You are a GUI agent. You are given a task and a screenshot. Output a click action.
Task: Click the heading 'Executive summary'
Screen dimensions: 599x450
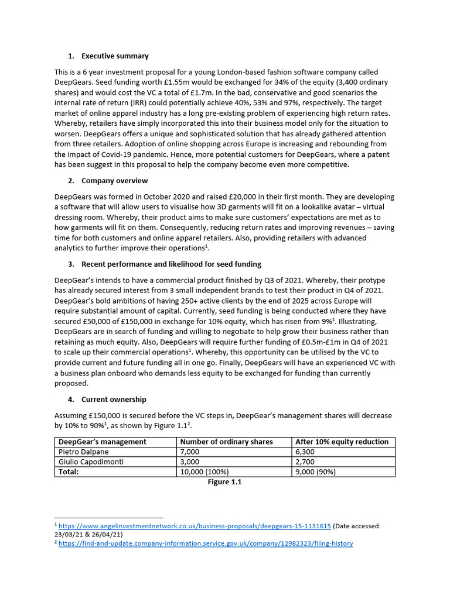[115, 56]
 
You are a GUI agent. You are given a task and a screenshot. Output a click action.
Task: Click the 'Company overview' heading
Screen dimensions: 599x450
[114, 180]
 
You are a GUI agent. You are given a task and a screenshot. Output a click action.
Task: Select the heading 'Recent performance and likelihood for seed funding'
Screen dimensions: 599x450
[171, 264]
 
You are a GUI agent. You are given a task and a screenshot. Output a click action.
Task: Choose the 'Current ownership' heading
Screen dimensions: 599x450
[114, 400]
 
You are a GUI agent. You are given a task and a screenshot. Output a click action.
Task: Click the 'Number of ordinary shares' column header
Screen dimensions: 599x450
[226, 442]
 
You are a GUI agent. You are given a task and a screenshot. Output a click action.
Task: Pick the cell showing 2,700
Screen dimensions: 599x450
[307, 462]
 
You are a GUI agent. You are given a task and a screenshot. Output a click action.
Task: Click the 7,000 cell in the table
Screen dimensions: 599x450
[190, 452]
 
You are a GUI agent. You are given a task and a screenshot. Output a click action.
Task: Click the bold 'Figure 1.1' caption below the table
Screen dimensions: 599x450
[225, 482]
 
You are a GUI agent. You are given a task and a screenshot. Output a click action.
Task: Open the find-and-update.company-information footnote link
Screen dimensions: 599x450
[206, 543]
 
